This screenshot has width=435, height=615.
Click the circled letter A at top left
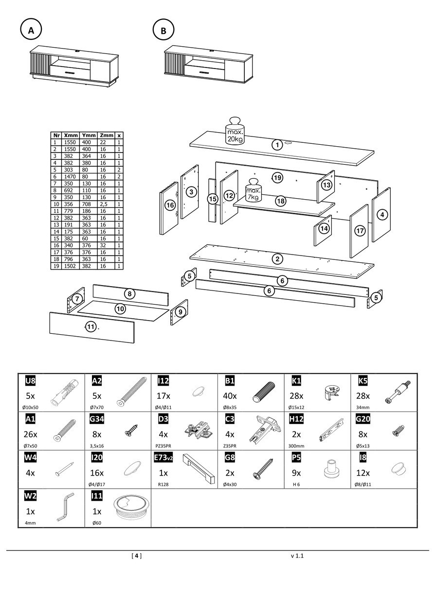pyautogui.click(x=31, y=30)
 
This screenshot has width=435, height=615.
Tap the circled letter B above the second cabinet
pyautogui.click(x=163, y=30)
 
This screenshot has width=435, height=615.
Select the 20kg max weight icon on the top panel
pyautogui.click(x=235, y=131)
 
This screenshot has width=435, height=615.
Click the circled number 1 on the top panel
pyautogui.click(x=277, y=144)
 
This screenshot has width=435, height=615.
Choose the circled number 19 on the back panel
pyautogui.click(x=277, y=178)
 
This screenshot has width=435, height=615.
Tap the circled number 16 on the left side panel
pyautogui.click(x=170, y=205)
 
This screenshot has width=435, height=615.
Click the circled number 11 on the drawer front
pyautogui.click(x=91, y=326)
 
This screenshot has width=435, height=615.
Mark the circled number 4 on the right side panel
pyautogui.click(x=383, y=214)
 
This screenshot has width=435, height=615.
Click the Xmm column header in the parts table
pyautogui.click(x=71, y=136)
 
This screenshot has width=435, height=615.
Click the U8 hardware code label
pyautogui.click(x=30, y=380)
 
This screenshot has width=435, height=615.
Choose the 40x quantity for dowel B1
pyautogui.click(x=231, y=396)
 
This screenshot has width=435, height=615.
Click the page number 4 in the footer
pyautogui.click(x=137, y=556)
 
